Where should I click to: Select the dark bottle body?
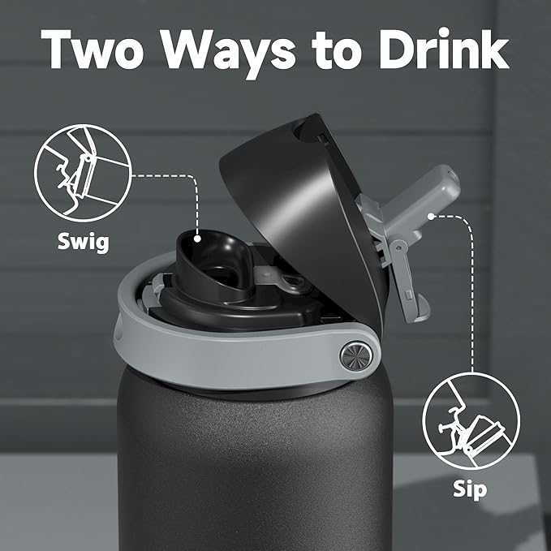(x=268, y=471)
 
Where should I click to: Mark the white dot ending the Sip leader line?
(x=431, y=216)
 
